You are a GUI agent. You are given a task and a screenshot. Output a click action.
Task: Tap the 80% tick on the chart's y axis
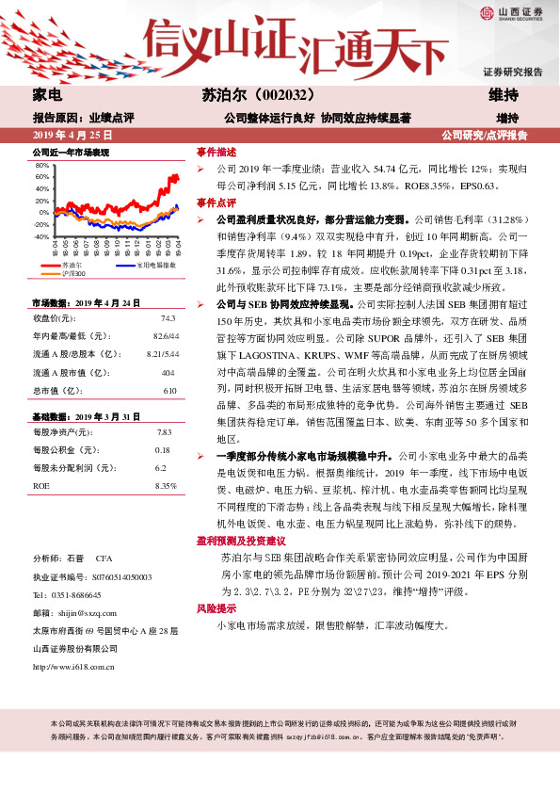(x=41, y=165)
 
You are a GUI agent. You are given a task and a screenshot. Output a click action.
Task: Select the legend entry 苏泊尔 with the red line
(x=72, y=266)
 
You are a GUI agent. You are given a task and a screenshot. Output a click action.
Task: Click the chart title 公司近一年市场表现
(x=71, y=152)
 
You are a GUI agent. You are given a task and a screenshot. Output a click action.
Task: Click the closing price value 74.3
(x=168, y=317)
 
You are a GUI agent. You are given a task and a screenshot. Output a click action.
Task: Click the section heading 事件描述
(x=216, y=151)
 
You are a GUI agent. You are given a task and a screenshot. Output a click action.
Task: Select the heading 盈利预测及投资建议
(x=240, y=541)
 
